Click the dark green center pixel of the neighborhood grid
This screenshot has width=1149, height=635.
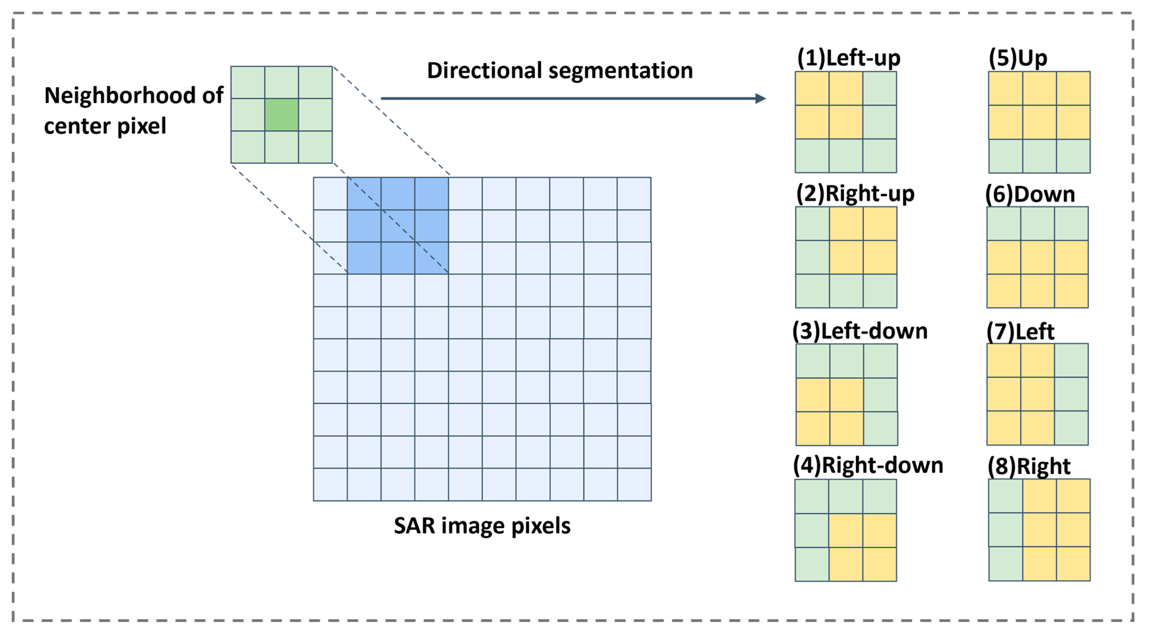coord(281,115)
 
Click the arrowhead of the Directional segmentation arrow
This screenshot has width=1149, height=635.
coord(761,98)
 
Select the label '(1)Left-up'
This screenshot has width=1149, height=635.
coord(848,58)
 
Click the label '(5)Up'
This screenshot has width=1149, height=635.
coord(1018,58)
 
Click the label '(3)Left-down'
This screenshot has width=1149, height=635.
coord(860,331)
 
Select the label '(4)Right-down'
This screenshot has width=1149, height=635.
coord(868,465)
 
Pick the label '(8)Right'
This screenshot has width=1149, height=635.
coord(1029,466)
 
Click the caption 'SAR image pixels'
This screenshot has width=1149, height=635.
coord(482,525)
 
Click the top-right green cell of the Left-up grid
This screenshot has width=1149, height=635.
coord(879,88)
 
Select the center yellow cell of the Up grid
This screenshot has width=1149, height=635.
coord(1039,122)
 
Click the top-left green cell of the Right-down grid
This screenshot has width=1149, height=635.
coord(812,497)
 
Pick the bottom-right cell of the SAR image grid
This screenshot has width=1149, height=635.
coord(634,484)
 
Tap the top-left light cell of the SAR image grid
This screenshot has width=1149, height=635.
coord(330,193)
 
